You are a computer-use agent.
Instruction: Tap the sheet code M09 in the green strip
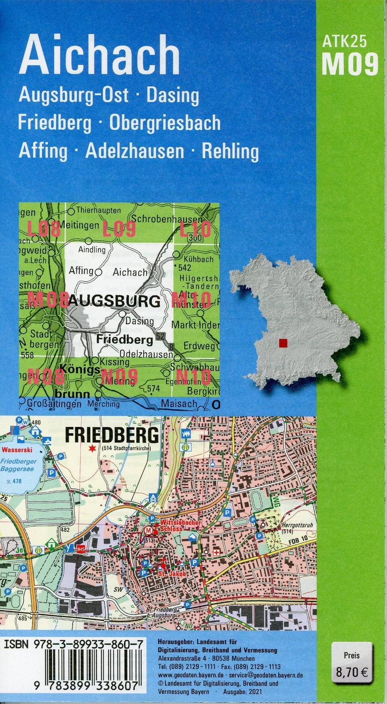pyautogui.click(x=350, y=64)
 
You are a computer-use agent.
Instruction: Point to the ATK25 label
pyautogui.click(x=345, y=41)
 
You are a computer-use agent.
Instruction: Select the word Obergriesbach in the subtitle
pyautogui.click(x=165, y=123)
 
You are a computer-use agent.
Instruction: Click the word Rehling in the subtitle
pyautogui.click(x=230, y=151)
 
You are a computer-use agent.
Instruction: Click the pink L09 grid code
pyautogui.click(x=119, y=229)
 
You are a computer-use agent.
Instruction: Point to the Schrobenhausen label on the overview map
pyautogui.click(x=167, y=219)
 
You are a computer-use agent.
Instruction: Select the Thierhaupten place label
pyautogui.click(x=98, y=210)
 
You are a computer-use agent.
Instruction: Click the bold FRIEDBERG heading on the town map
pyautogui.click(x=111, y=435)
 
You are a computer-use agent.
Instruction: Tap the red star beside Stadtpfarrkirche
pyautogui.click(x=92, y=448)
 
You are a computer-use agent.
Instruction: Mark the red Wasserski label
pyautogui.click(x=17, y=450)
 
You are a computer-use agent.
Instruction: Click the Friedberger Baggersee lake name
pyautogui.click(x=18, y=466)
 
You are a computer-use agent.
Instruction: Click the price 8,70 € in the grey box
pyautogui.click(x=352, y=672)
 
